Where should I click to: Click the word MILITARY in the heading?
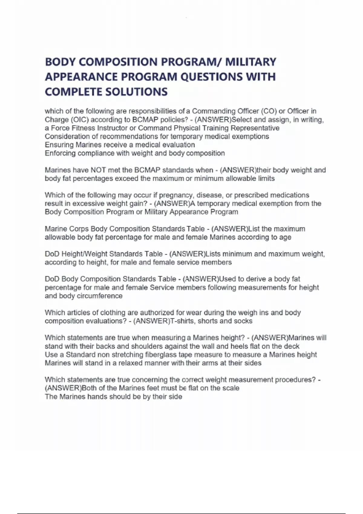pyautogui.click(x=251, y=62)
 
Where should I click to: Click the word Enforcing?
pyautogui.click(x=60, y=153)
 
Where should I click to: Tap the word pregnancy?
pyautogui.click(x=176, y=195)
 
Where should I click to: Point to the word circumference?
pyautogui.click(x=100, y=296)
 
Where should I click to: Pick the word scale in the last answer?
pyautogui.click(x=231, y=388)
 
